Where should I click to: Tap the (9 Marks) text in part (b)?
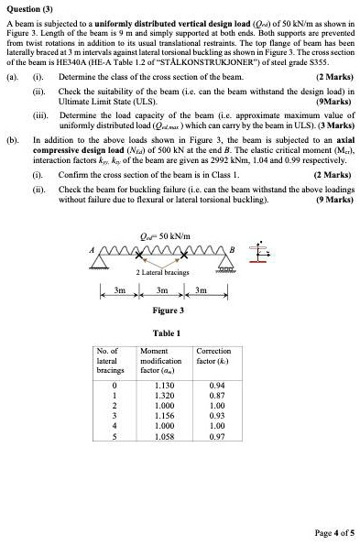click(333, 199)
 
